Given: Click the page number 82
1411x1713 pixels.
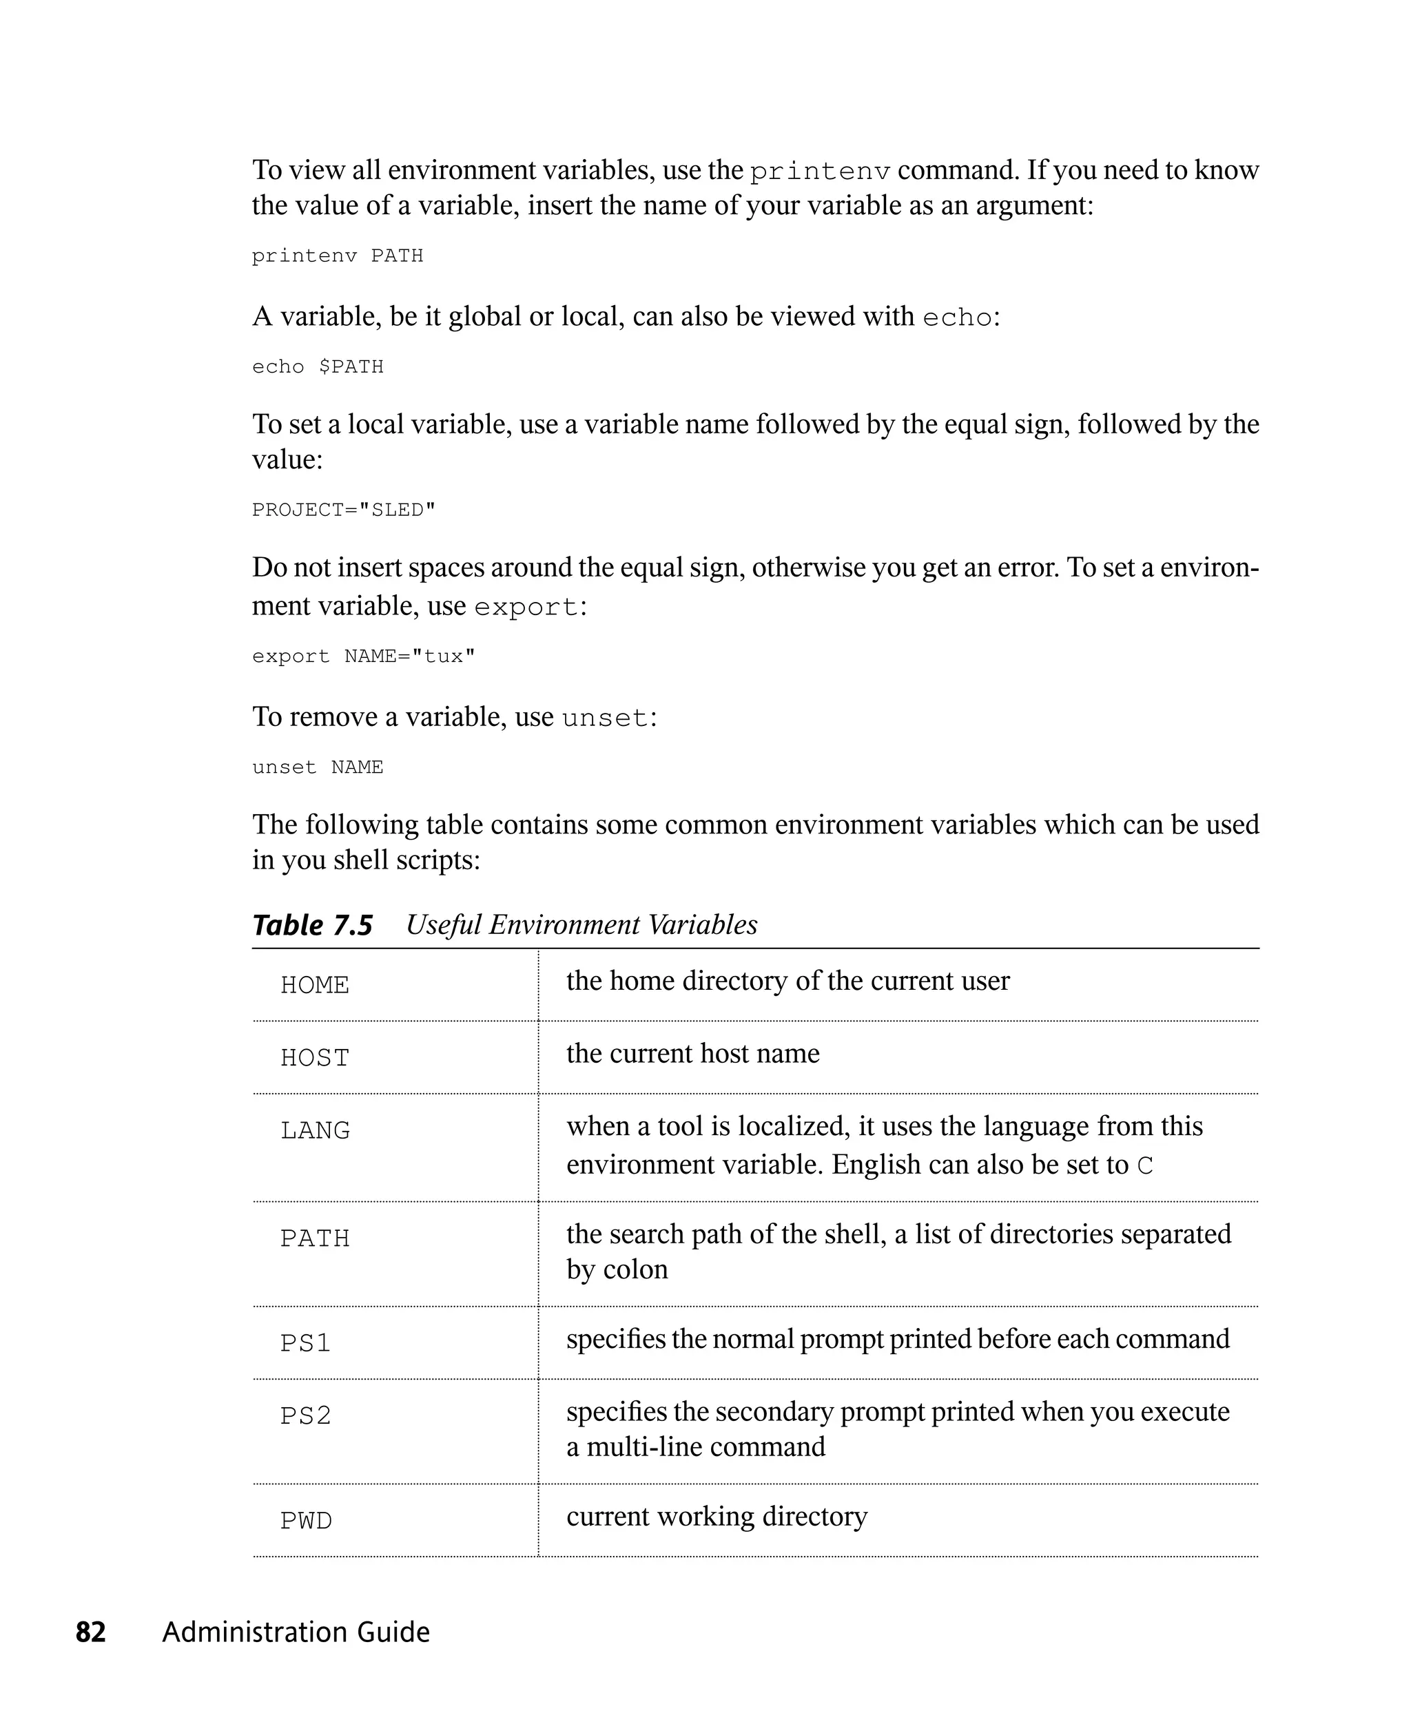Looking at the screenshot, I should (x=90, y=1632).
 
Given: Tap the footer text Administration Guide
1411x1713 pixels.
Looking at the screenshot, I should (x=296, y=1632).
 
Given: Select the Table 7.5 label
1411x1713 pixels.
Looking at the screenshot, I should (x=312, y=925).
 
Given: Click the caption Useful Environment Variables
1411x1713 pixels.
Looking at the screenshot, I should (x=581, y=925).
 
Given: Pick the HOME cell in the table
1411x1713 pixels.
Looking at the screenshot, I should (x=315, y=985).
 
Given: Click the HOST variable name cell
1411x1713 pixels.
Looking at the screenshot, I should (x=315, y=1058).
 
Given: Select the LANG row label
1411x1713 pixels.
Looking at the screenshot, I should (x=315, y=1130).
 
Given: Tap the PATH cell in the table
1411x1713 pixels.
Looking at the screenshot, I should (x=315, y=1238).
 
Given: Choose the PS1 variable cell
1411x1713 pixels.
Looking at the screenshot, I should (x=306, y=1343).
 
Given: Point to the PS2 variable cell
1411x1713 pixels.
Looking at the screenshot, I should (x=306, y=1416).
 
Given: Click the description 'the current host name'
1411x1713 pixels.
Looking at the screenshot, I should (x=692, y=1053).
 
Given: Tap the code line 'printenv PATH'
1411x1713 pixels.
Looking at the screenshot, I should (x=338, y=256).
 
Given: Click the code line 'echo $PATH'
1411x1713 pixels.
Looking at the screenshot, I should (x=317, y=367).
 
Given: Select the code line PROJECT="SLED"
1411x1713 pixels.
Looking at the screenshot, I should (x=344, y=510).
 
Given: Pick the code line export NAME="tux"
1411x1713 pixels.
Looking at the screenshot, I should (x=363, y=656).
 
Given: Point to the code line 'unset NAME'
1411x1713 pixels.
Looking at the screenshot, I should (x=317, y=768).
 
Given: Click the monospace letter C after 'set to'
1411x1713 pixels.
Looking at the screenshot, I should (x=1144, y=1166).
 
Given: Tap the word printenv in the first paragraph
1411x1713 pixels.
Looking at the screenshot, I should (x=819, y=172).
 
